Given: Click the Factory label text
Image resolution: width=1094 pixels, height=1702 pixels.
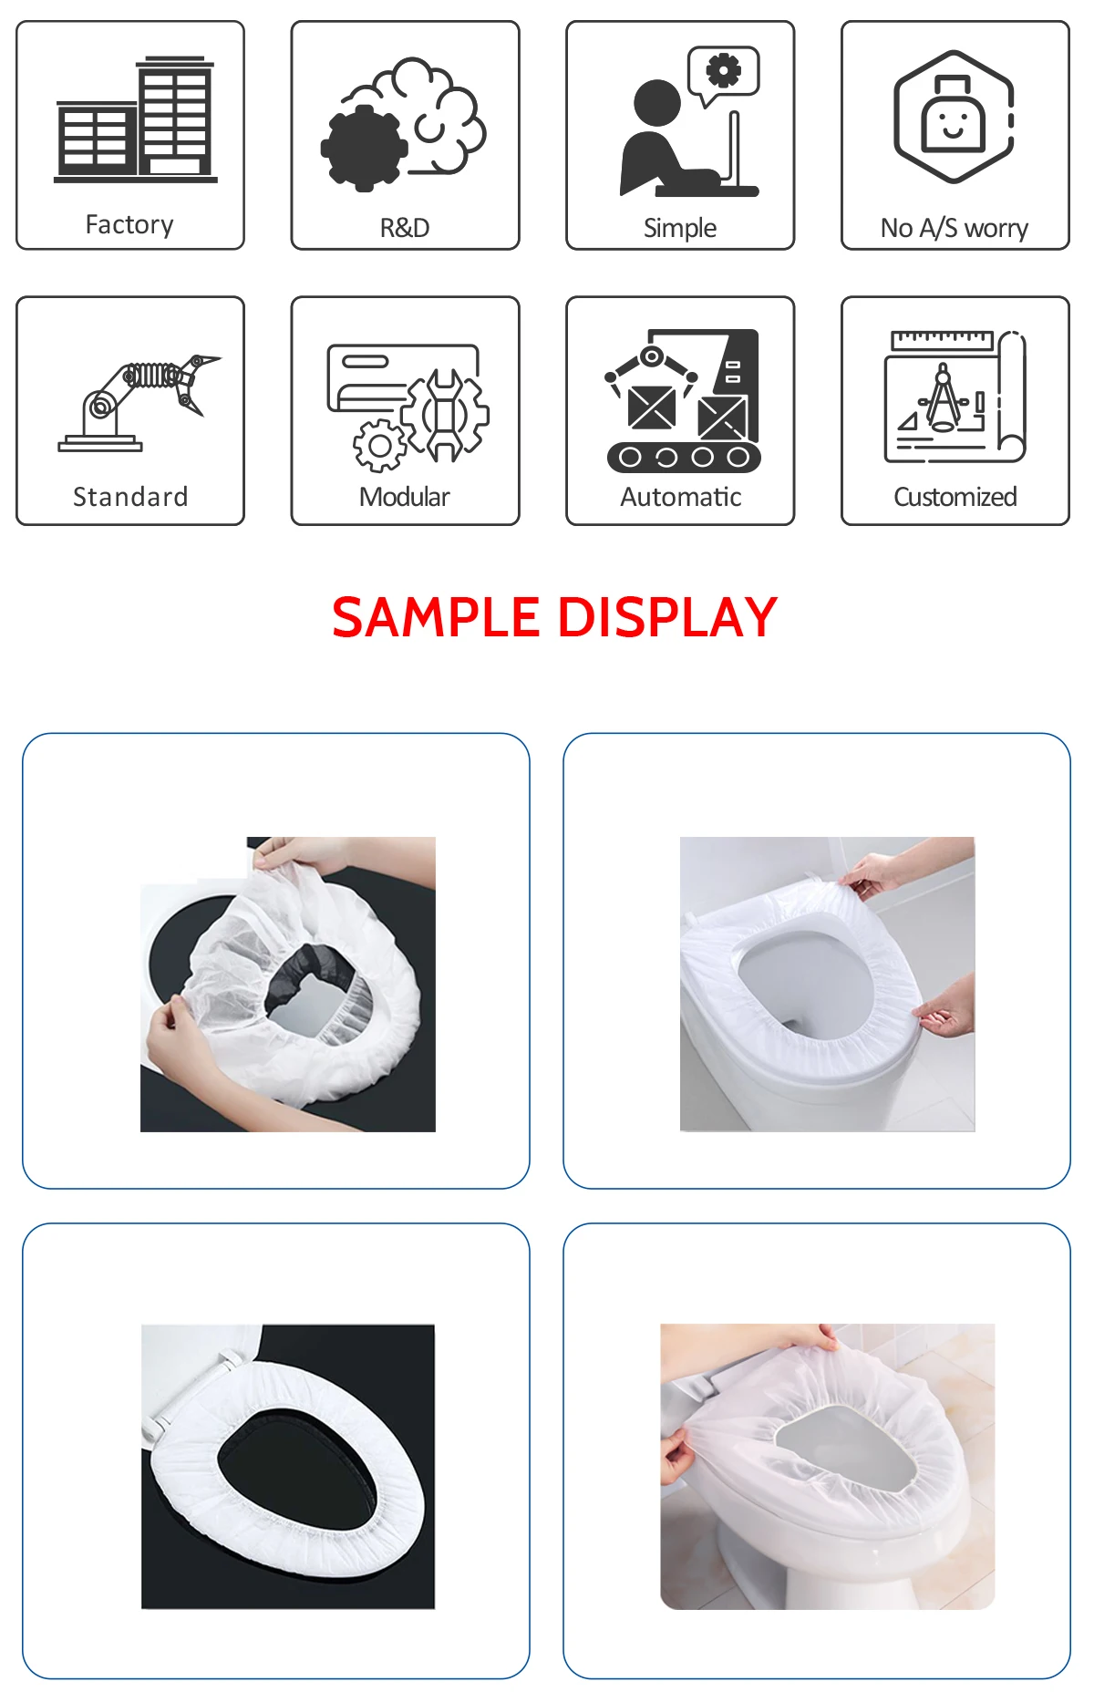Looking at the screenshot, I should (129, 224).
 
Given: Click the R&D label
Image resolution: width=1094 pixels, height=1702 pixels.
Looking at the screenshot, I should (404, 228).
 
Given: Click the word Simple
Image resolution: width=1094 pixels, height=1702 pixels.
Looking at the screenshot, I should (679, 228).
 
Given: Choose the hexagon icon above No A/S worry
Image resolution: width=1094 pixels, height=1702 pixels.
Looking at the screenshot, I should (954, 117).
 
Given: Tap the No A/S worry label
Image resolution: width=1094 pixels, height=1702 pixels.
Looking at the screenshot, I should (954, 228).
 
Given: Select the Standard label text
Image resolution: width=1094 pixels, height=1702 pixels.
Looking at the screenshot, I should (129, 497).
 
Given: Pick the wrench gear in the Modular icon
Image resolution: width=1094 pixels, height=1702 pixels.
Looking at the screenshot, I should (446, 415).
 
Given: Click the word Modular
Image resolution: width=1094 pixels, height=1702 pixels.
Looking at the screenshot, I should (404, 497).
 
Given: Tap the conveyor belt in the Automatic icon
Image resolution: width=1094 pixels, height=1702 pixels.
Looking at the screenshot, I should (684, 457).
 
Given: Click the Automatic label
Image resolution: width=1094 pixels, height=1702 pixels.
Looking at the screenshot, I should (680, 497).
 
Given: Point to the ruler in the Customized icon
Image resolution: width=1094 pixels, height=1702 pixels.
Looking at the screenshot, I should (942, 340).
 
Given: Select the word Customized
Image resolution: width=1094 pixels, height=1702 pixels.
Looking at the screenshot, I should (955, 497).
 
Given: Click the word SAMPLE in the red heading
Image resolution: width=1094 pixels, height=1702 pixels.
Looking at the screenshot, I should (436, 617).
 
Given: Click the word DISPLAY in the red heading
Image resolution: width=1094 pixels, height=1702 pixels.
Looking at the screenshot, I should (666, 617).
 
